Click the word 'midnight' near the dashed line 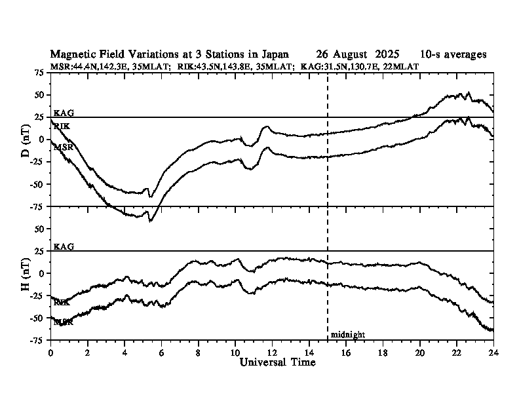tap(347, 335)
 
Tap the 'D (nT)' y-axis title tap(26, 140)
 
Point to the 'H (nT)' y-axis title tap(26, 273)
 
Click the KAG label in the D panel tap(64, 113)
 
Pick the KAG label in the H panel tap(64, 247)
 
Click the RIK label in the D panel tap(62, 126)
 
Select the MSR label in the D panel tap(63, 148)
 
